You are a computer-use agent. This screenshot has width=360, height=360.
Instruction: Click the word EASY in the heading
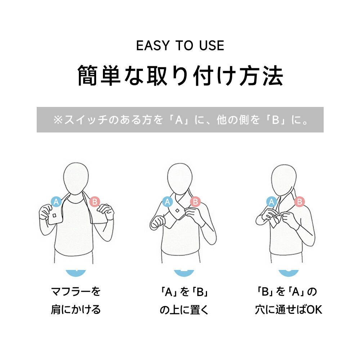click(x=153, y=45)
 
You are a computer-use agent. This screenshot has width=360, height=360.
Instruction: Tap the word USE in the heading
click(x=211, y=45)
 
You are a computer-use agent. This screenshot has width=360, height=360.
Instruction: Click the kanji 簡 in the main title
click(x=87, y=75)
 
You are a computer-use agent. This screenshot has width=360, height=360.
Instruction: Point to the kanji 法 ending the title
click(x=273, y=75)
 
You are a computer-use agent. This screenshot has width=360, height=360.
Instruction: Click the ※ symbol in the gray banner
click(x=58, y=120)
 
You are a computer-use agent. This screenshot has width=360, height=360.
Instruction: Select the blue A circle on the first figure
click(x=56, y=202)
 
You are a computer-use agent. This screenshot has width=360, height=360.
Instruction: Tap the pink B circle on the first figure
click(x=94, y=202)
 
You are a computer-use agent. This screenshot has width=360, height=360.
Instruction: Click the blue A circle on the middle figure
click(x=167, y=202)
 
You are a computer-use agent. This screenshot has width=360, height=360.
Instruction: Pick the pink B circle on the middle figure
click(x=195, y=202)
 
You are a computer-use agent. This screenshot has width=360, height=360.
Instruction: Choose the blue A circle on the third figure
click(x=271, y=202)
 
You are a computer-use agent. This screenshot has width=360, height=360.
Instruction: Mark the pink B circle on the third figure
click(x=300, y=202)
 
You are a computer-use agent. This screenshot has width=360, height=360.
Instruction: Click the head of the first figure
click(x=76, y=179)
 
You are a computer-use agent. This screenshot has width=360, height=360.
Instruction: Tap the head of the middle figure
click(x=180, y=179)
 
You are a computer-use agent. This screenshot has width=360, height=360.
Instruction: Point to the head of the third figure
click(x=284, y=180)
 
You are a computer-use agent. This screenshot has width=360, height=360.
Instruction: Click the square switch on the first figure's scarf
click(x=54, y=216)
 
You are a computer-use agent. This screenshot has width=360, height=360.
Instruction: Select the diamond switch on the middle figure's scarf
click(x=177, y=211)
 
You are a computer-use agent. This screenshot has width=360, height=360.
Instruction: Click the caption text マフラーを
click(x=76, y=292)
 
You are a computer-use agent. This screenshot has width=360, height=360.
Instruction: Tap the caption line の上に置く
click(x=184, y=310)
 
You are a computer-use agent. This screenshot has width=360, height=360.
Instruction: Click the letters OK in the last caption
click(x=314, y=310)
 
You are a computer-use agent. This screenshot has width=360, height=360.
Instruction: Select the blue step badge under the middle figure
click(x=184, y=273)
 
